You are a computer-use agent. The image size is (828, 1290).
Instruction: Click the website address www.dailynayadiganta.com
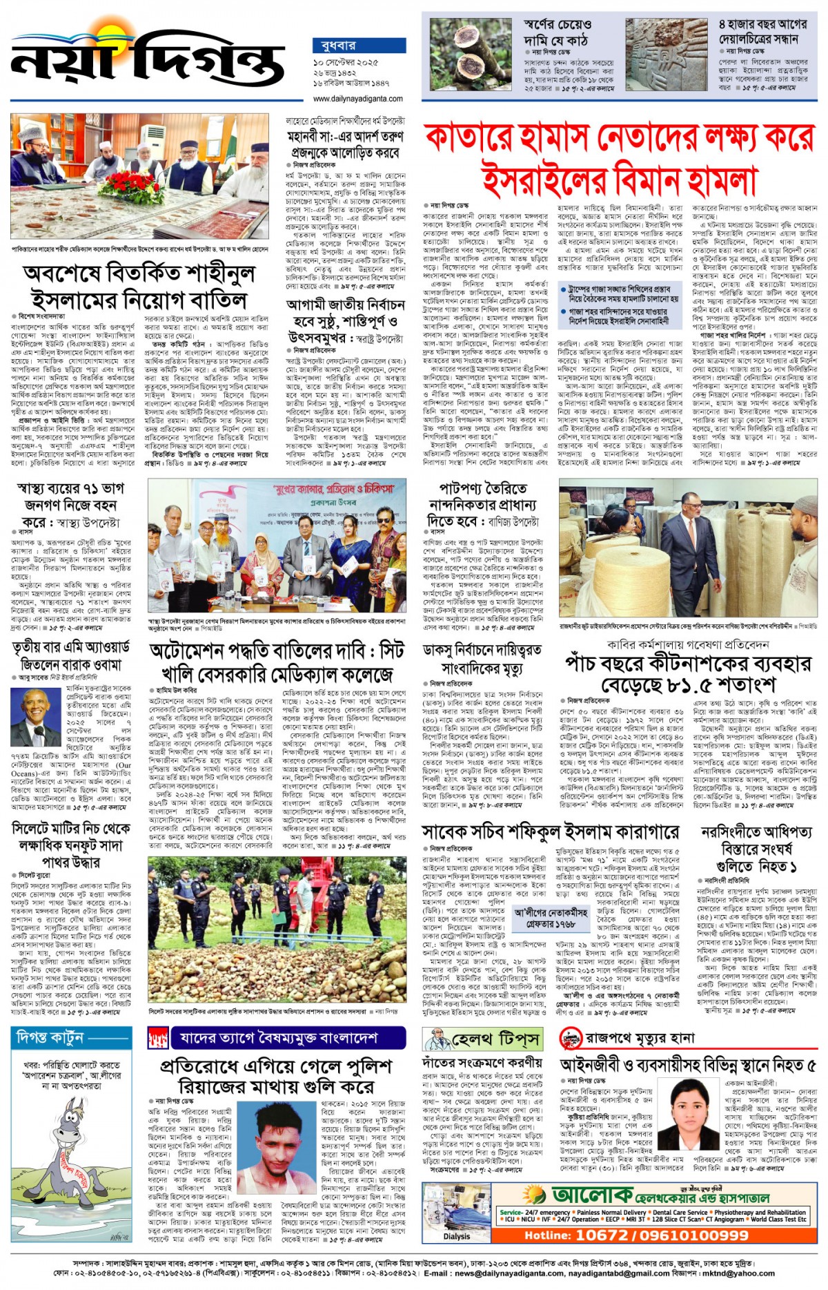[358, 99]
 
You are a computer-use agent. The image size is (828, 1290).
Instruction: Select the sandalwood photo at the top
[469, 55]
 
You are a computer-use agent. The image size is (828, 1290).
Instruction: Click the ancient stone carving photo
[667, 55]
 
